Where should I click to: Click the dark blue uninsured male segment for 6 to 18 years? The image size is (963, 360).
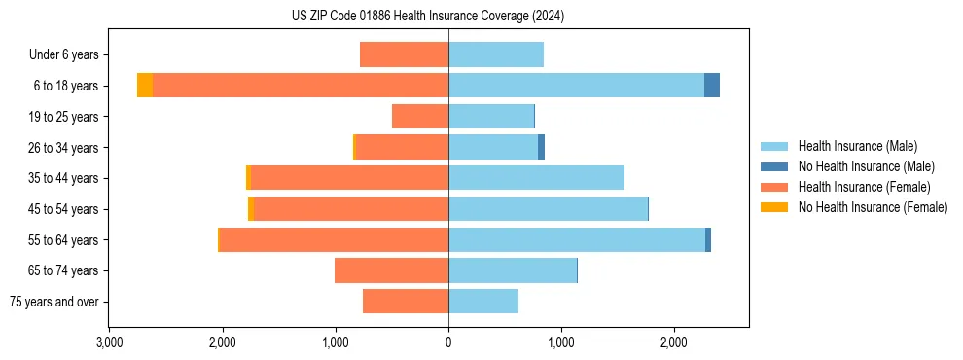point(712,86)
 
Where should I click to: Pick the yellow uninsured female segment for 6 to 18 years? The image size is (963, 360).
point(145,86)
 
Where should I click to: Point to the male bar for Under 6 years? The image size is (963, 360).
point(496,54)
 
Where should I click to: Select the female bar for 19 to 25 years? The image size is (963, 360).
point(420,117)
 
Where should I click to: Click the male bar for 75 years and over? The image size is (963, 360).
point(483,302)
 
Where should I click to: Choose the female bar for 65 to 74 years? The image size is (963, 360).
point(391,270)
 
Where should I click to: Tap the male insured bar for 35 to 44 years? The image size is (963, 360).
point(536,178)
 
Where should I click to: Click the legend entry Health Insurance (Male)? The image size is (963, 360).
point(856,146)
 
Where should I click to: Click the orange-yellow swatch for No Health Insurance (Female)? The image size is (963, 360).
point(775,207)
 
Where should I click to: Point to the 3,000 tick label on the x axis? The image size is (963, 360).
point(110,342)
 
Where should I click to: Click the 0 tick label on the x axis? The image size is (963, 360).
point(448,342)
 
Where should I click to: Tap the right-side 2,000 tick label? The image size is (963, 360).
point(674,342)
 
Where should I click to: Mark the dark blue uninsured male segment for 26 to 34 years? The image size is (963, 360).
point(541,147)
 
